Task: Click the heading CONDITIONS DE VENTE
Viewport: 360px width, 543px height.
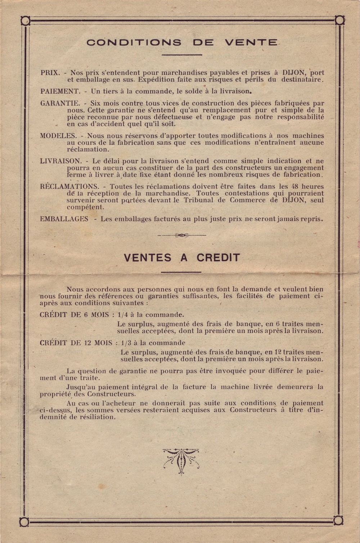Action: (182, 42)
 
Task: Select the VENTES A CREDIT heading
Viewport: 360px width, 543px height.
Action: (182, 258)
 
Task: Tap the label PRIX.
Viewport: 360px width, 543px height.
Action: (50, 73)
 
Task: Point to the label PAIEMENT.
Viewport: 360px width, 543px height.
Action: (60, 91)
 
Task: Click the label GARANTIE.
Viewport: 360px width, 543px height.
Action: (60, 103)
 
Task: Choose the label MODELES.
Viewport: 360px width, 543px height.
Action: (58, 136)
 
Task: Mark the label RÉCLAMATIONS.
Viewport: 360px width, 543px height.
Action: (69, 186)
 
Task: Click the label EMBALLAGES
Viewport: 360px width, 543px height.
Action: (64, 219)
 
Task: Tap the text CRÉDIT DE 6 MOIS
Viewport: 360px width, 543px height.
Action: (75, 315)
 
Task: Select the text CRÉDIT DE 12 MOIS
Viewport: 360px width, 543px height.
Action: (76, 343)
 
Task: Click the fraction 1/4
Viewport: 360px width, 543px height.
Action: (122, 315)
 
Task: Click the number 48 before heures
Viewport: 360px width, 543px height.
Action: (295, 186)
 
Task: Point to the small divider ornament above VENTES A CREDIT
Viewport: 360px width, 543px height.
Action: (181, 235)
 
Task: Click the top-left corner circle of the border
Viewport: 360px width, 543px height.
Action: (25, 21)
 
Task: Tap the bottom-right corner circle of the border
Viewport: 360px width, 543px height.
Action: (338, 520)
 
